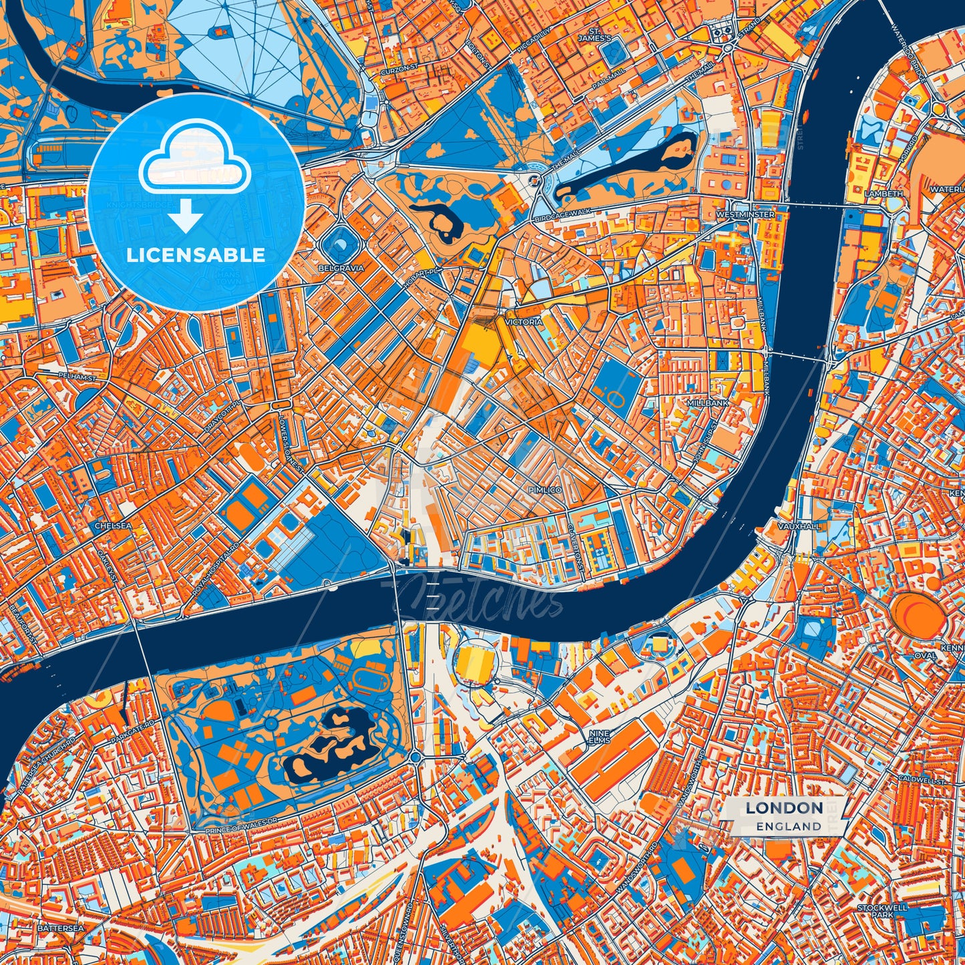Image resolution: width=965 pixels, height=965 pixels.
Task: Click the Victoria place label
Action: (524, 322)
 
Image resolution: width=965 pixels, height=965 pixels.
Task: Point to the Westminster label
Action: (745, 215)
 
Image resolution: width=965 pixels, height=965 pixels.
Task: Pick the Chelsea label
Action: (113, 526)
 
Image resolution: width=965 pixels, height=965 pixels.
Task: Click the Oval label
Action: (926, 656)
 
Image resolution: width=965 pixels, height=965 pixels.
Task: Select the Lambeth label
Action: (884, 194)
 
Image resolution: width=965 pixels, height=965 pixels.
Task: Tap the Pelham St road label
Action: (77, 377)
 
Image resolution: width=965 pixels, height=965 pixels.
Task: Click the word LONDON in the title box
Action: (784, 808)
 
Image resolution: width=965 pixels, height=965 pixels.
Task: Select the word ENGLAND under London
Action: (789, 826)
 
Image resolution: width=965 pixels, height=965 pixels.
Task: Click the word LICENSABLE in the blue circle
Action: (196, 255)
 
